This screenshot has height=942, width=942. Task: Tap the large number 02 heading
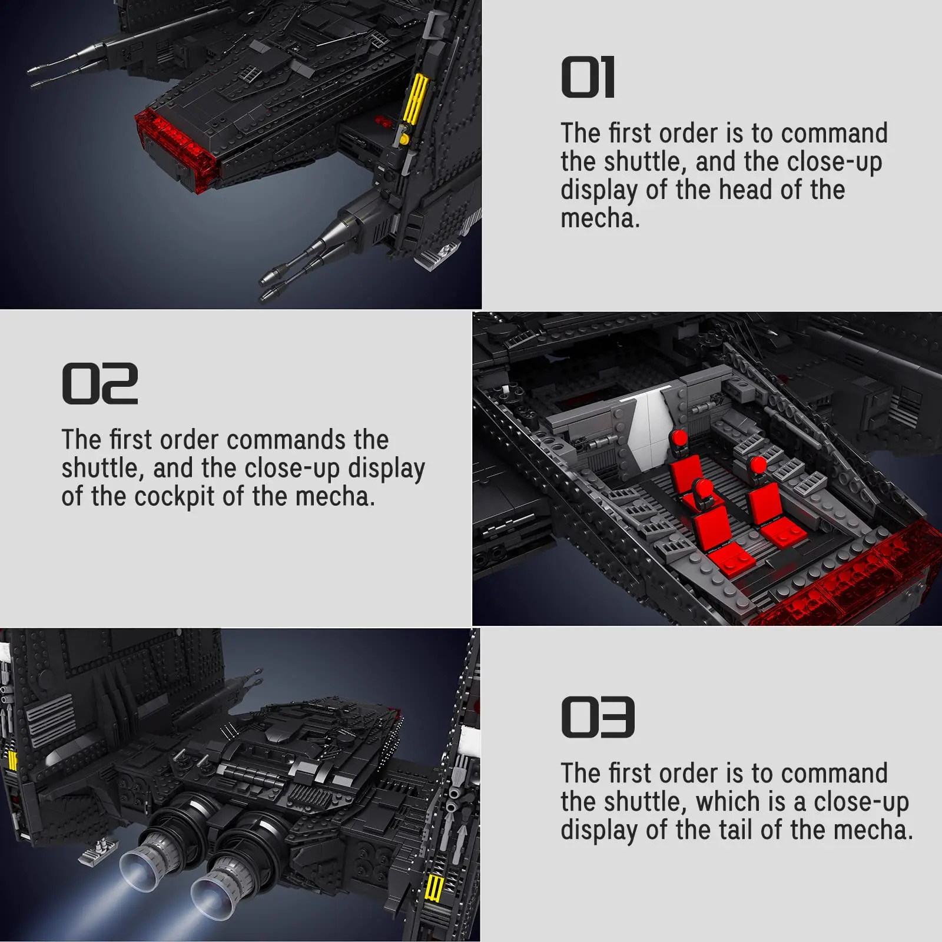pos(99,384)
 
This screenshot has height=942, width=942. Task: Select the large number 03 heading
pos(598,717)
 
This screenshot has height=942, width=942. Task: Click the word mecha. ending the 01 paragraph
pos(599,219)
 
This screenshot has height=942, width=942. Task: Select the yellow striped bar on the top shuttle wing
pos(416,99)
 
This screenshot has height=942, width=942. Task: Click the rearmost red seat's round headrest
pos(679,439)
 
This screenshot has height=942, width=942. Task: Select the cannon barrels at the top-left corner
pos(65,65)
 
